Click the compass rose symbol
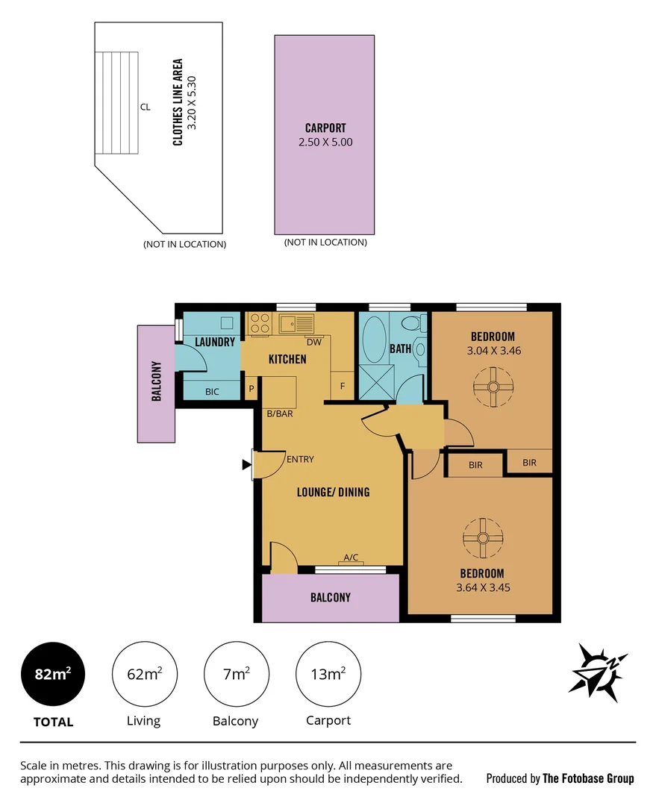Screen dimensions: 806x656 [x=598, y=672]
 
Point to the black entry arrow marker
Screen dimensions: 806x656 [x=246, y=465]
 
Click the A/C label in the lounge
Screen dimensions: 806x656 [x=351, y=557]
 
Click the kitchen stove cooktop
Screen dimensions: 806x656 [x=260, y=323]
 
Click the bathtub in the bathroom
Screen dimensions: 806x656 [x=375, y=340]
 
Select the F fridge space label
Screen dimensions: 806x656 [x=343, y=386]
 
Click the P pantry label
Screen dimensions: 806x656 [x=251, y=389]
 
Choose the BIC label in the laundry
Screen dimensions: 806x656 [x=212, y=390]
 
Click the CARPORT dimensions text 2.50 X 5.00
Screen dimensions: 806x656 [x=325, y=142]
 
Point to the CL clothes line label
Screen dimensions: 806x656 [x=145, y=107]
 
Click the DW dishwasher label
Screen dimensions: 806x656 [x=313, y=343]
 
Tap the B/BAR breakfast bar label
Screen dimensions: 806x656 [x=280, y=413]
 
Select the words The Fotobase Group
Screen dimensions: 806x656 [x=588, y=778]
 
